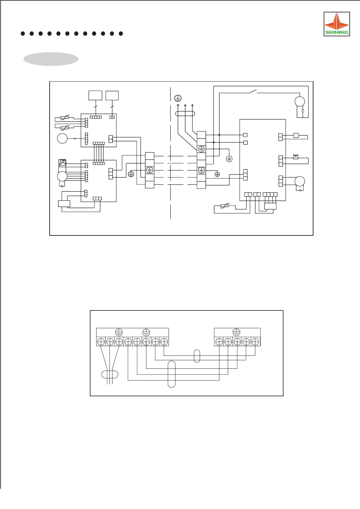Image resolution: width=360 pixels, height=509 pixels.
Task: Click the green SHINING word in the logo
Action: tap(337, 32)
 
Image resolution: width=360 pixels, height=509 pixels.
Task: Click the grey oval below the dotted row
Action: tap(51, 59)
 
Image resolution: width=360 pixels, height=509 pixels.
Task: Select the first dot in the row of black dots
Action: tap(23, 34)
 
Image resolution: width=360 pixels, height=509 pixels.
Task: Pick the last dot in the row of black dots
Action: tap(121, 34)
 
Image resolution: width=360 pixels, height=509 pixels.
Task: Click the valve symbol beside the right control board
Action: tap(296, 157)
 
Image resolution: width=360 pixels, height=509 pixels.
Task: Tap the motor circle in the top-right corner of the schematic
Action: tap(299, 102)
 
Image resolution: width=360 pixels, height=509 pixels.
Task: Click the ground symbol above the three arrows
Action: tap(178, 98)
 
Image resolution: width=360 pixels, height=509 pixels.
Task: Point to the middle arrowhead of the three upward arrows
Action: tap(185, 105)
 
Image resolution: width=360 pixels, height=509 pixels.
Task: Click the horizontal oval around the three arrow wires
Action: tap(185, 114)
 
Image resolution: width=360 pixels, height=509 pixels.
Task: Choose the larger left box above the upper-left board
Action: tap(95, 96)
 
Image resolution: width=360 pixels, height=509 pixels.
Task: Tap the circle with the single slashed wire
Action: tap(62, 139)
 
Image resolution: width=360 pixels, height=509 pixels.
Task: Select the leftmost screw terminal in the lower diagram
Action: tap(101, 342)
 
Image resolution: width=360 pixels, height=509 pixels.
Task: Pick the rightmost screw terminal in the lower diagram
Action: tap(255, 342)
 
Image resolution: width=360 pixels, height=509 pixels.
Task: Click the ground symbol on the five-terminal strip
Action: tap(236, 332)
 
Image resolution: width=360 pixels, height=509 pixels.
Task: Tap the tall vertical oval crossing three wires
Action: tap(172, 374)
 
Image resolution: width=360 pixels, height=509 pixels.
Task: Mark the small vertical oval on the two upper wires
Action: tap(197, 356)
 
